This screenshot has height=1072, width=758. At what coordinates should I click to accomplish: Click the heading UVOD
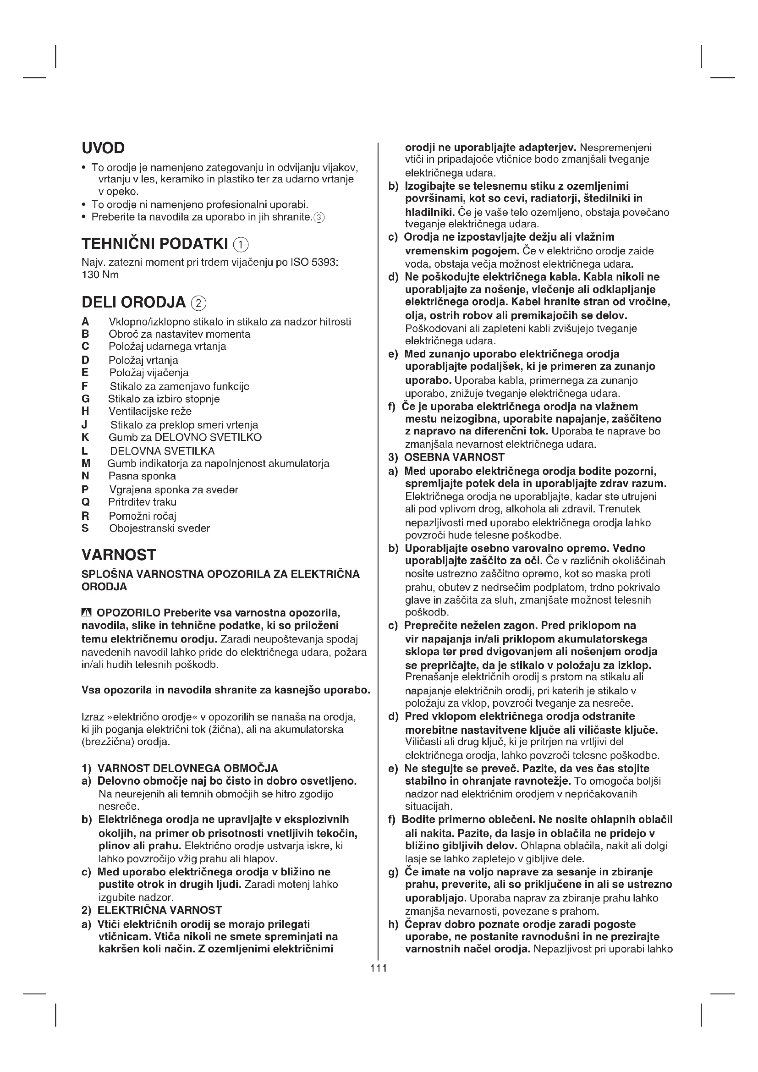(103, 148)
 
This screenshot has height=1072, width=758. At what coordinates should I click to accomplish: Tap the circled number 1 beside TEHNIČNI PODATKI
(241, 245)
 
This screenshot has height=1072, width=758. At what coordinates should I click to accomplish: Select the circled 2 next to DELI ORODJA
(199, 303)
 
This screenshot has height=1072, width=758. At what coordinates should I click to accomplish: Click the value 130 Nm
(100, 275)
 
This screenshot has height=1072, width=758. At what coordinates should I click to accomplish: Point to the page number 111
(379, 968)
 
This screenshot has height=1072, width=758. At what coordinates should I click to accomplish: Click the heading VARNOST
(119, 555)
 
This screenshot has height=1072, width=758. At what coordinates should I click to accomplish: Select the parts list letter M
(85, 464)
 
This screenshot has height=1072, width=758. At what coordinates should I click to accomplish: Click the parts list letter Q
(85, 502)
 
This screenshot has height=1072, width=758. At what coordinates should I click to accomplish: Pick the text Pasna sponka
(143, 476)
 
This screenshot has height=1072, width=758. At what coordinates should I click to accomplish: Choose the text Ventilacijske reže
(150, 411)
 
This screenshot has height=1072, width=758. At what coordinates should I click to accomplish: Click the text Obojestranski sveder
(159, 528)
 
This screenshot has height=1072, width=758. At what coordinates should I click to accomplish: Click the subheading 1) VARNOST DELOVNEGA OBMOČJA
(180, 769)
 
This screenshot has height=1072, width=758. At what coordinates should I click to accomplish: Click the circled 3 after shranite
(319, 217)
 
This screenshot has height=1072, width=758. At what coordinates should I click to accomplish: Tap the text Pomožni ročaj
(143, 516)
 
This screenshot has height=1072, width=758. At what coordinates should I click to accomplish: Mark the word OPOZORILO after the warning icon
(128, 613)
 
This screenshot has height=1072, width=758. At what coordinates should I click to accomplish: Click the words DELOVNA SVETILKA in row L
(162, 451)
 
